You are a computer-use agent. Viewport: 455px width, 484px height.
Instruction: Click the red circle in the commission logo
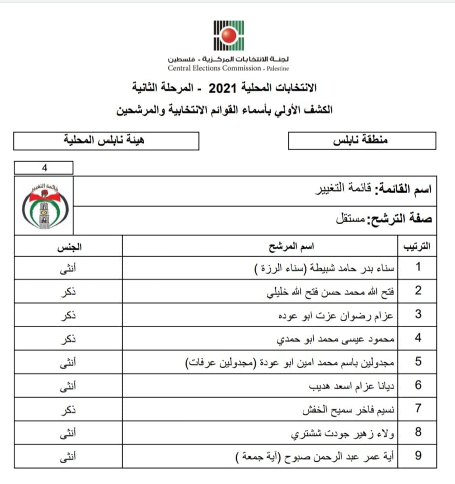228,35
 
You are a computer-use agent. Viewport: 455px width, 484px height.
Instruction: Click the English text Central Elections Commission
214,68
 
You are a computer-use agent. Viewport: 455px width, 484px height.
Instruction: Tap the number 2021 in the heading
223,89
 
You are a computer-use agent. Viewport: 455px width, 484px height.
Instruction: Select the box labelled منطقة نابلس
361,140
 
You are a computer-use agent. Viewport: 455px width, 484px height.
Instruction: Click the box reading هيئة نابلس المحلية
106,140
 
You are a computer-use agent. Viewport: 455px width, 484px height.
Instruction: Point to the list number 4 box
44,168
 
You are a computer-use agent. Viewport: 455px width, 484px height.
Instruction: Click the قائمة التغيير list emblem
44,207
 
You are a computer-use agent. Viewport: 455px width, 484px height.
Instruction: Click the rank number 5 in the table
418,362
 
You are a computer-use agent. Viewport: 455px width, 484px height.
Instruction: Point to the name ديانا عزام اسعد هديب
351,385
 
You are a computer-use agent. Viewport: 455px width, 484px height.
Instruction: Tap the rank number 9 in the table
418,456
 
